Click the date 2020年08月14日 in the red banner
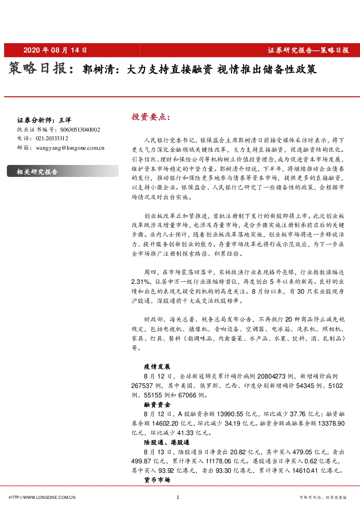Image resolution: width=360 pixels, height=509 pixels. [x=55, y=50]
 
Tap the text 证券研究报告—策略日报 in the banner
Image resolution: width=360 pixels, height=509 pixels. [x=308, y=50]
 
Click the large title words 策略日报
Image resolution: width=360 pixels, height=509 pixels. [x=38, y=68]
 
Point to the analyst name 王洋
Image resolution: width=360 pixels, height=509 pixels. [x=65, y=120]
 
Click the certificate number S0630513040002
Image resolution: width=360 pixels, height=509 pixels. [x=80, y=129]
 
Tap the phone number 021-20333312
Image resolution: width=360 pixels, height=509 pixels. [x=52, y=138]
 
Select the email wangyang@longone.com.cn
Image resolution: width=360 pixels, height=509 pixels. [x=70, y=148]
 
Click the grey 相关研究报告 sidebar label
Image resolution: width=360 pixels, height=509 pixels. [x=37, y=171]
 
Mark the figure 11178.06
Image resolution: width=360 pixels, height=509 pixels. [x=219, y=461]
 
